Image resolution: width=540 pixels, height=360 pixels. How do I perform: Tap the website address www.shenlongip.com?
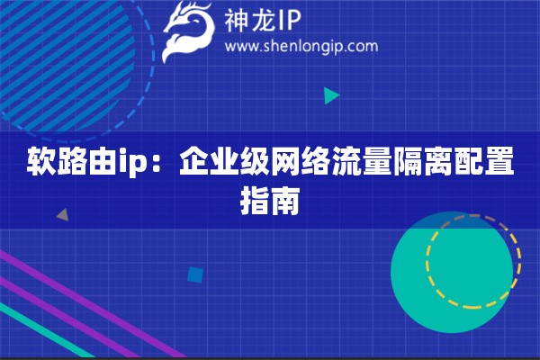[x=301, y=47]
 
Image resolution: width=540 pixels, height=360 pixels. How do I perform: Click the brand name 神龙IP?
[x=263, y=21]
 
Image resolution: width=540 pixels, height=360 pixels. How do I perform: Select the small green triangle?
[x=331, y=95]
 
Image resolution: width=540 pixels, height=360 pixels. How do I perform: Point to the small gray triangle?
[x=63, y=215]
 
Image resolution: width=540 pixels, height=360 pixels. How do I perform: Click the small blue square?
[x=195, y=274]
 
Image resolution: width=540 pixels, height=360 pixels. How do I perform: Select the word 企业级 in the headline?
[x=224, y=161]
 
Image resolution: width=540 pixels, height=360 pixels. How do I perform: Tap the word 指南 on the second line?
[x=270, y=201]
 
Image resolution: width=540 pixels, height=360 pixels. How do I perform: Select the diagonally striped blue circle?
[x=66, y=62]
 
